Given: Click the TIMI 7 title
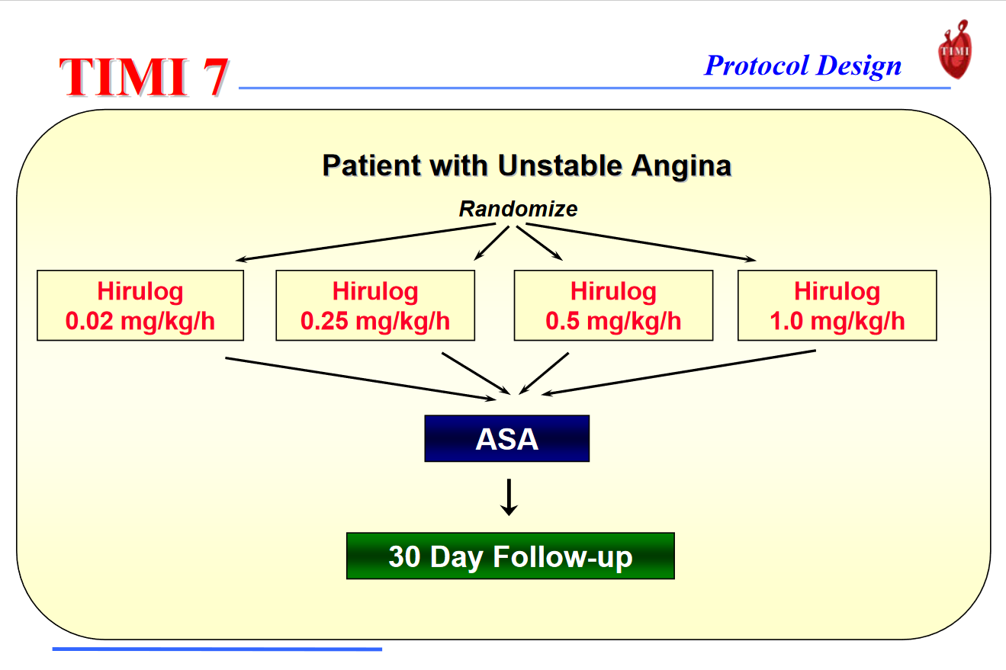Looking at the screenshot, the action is [x=144, y=77].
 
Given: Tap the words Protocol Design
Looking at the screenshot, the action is [x=803, y=66].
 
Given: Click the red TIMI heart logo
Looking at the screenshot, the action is [x=955, y=50].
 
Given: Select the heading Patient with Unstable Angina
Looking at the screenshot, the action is [x=527, y=166].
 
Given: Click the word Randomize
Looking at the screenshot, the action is [x=518, y=209].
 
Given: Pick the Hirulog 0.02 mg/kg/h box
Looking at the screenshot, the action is [x=140, y=305].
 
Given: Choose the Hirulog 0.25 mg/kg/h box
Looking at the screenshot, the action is [x=375, y=305].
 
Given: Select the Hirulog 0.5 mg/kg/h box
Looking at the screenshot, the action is [x=613, y=305].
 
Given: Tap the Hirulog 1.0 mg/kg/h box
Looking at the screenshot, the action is [x=837, y=305].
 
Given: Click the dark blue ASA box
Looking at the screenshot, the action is [x=507, y=438].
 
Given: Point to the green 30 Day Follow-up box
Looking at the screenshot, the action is [x=510, y=556].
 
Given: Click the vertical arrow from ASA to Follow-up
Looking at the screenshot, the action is [x=509, y=497].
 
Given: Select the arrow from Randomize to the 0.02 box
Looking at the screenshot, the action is [x=365, y=242].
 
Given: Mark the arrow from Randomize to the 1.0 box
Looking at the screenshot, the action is [x=641, y=242].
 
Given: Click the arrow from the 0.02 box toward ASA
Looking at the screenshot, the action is [x=361, y=379].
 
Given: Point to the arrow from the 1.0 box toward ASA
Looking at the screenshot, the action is [x=679, y=373].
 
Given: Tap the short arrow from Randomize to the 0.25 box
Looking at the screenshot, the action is [x=491, y=243].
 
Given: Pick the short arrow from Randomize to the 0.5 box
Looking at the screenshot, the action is [x=539, y=243].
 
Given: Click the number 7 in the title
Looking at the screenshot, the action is [x=216, y=77].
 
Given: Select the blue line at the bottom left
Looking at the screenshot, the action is [x=217, y=649].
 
